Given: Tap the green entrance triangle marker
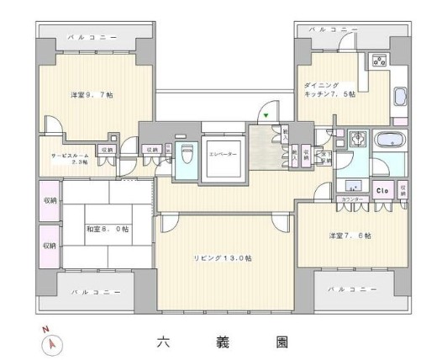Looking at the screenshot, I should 266,115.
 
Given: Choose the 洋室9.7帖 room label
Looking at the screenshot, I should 92,95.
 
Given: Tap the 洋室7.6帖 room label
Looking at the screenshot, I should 350,236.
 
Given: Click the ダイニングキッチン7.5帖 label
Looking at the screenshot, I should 329,89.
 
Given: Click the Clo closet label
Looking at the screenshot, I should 382,189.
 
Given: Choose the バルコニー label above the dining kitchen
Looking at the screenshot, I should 333,29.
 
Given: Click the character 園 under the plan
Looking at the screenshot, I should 282,342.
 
